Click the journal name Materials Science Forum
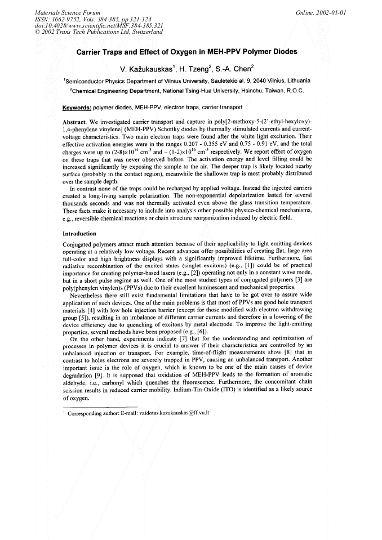(67, 12)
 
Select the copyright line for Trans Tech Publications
(98, 32)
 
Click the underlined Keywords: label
(77, 106)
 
